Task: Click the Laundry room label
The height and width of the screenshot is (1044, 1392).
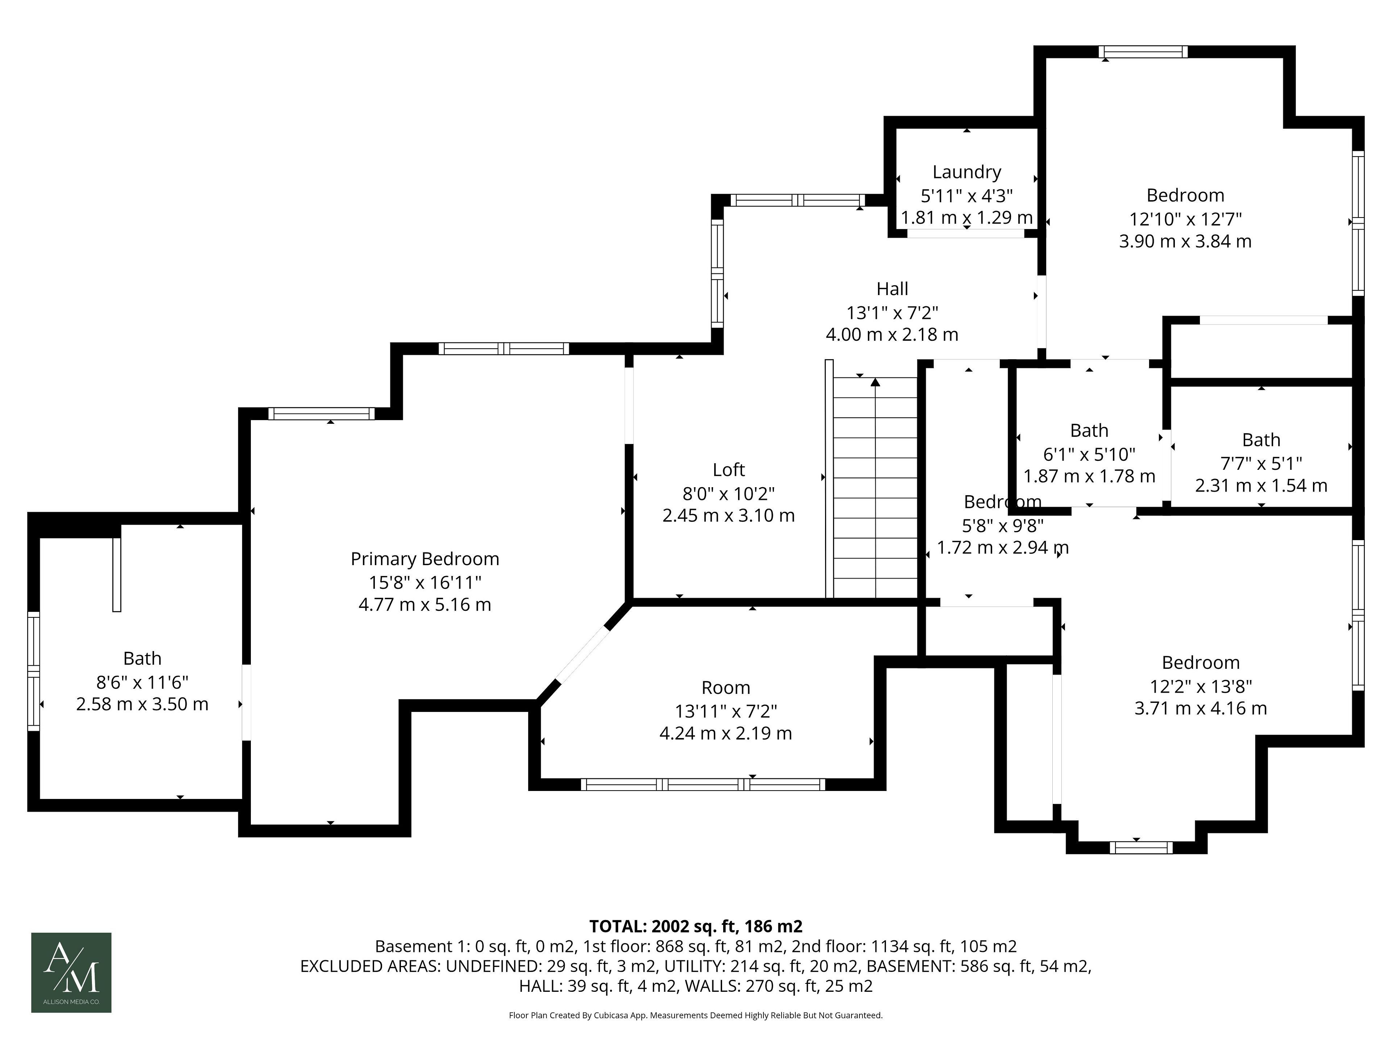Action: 966,172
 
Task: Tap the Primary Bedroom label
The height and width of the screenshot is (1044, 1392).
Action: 425,559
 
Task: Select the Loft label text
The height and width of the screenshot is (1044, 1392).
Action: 729,469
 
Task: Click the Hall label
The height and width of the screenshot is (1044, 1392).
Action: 892,289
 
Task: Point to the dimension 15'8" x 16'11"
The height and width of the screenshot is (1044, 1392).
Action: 425,582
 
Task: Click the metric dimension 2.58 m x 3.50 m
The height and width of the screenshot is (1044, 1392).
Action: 142,704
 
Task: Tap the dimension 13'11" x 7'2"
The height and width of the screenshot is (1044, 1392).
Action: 726,711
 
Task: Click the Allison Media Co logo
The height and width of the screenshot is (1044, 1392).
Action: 71,972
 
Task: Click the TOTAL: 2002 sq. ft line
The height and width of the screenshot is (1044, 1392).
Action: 696,926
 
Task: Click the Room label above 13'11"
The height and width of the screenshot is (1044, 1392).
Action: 726,688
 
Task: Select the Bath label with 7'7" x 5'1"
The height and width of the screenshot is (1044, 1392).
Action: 1261,440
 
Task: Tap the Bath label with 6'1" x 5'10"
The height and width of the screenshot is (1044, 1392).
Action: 1089,430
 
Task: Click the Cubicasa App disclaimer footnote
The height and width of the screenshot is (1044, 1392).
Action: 696,1015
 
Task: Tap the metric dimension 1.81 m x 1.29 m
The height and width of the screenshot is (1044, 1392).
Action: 966,218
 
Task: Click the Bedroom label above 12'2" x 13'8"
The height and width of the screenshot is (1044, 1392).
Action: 1201,663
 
